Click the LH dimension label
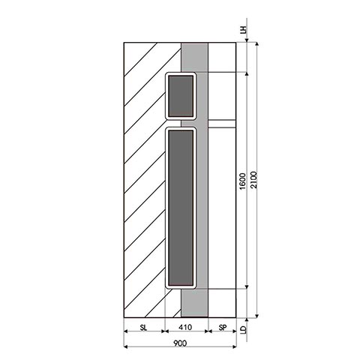[242, 31]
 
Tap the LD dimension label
[242, 328]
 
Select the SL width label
[143, 328]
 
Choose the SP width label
[222, 328]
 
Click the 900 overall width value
[179, 343]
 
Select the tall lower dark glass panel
[180, 208]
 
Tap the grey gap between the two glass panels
[180, 123]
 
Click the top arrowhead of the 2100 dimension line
[257, 44]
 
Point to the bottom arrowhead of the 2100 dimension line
[257, 314]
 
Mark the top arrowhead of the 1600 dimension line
[246, 74]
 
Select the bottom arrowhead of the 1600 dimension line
[246, 287]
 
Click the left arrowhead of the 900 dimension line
[124, 347]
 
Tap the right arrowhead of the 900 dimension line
[235, 347]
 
